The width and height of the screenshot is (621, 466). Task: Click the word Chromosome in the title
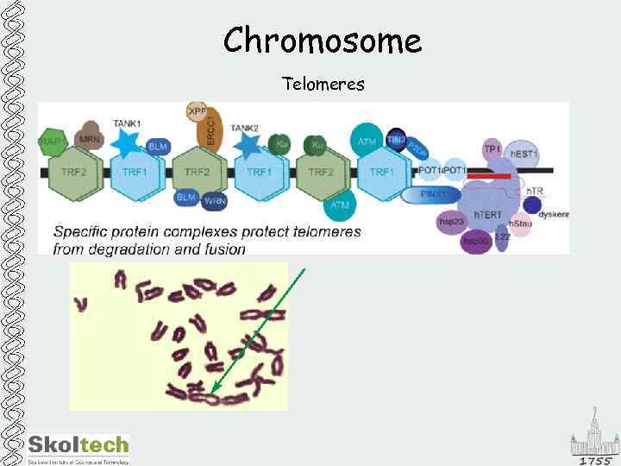coord(323,41)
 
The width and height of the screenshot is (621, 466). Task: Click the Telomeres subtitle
coord(323,85)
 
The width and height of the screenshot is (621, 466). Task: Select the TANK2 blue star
coord(249,143)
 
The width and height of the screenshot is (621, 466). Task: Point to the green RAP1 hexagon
coord(53,143)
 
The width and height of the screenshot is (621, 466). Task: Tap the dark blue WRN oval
coord(214,201)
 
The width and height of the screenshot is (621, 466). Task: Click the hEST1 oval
coord(522,154)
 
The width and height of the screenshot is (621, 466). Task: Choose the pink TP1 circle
coord(492,148)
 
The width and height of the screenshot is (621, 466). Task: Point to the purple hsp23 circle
coord(451,221)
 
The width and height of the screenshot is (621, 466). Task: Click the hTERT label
coord(488,215)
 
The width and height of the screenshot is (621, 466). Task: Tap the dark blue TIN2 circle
coord(396,138)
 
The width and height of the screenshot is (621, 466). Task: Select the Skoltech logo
coord(78,448)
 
